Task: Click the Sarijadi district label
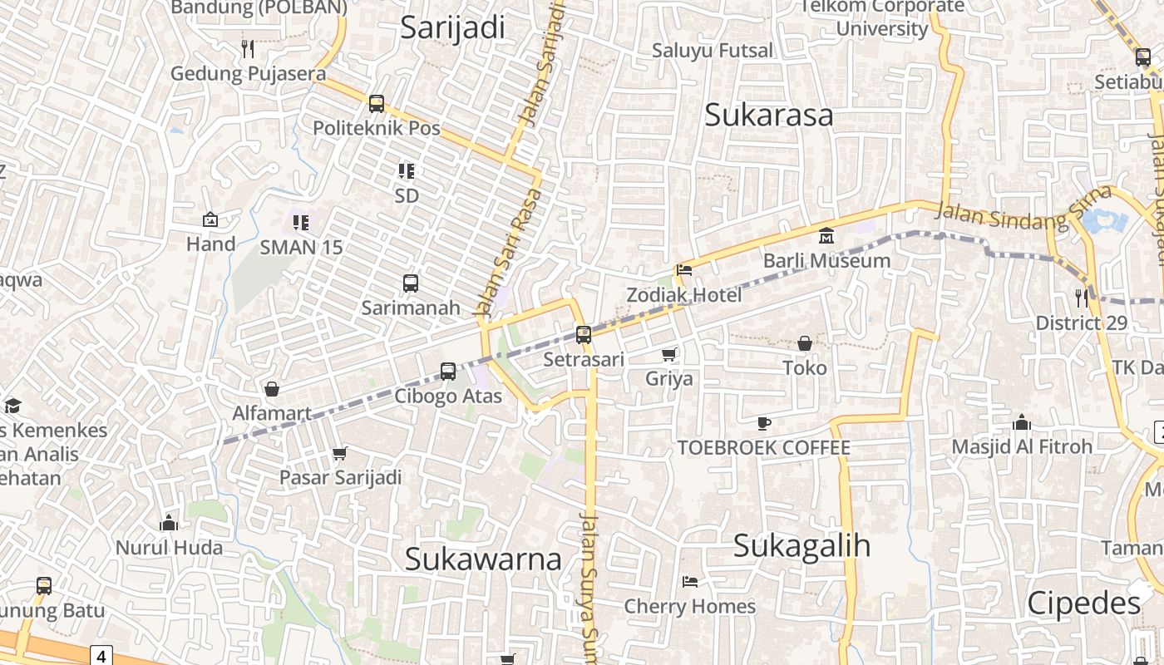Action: (452, 27)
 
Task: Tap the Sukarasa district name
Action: (768, 116)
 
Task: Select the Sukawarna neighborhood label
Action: (483, 559)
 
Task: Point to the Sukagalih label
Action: (802, 546)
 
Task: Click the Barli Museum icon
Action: (826, 236)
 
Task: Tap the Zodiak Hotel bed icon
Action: (684, 269)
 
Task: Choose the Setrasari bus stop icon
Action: (584, 335)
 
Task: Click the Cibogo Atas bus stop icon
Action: (448, 371)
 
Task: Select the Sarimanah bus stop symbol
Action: (411, 283)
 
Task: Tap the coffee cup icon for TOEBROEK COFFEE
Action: (764, 423)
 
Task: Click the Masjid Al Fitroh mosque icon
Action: (1022, 422)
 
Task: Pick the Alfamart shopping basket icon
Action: (272, 388)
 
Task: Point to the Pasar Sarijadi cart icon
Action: (339, 453)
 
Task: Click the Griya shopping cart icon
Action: (669, 354)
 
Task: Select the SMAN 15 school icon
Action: (301, 222)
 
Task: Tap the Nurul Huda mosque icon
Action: (169, 523)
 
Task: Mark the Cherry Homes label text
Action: (690, 607)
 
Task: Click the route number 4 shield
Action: (101, 656)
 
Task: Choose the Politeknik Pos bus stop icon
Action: (377, 103)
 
